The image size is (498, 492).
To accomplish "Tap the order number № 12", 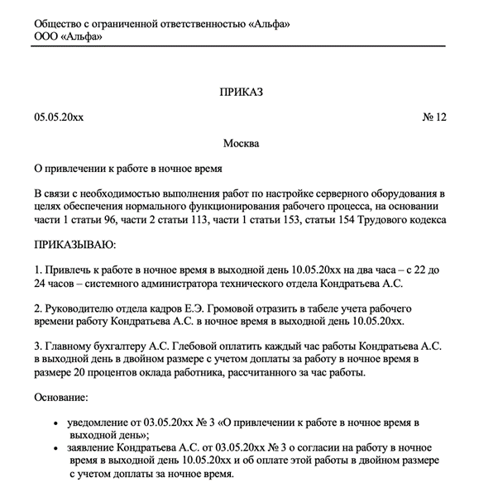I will (434, 117).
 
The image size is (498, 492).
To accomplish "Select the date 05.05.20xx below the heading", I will (59, 117).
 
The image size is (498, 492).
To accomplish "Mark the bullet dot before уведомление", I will (56, 423).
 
